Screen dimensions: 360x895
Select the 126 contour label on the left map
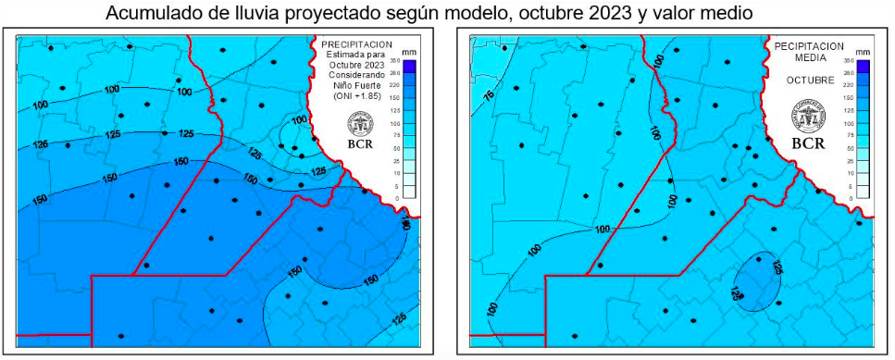[40, 145]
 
